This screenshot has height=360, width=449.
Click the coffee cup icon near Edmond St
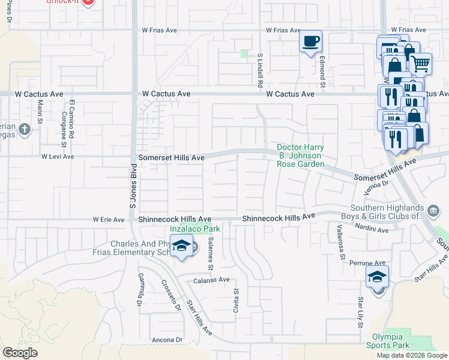point(311,42)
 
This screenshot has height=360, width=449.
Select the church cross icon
point(24,129)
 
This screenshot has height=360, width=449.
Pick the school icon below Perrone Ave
point(378,277)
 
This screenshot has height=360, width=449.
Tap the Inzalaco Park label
point(187,229)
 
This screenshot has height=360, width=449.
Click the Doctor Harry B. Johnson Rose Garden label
point(300,156)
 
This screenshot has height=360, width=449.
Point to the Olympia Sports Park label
point(391,340)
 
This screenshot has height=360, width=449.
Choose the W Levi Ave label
point(58,157)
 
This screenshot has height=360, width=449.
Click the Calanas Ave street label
point(211,280)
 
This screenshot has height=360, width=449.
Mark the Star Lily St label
point(361,311)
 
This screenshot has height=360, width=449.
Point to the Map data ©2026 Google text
point(412,355)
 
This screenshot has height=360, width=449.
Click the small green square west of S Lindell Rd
point(244,53)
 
